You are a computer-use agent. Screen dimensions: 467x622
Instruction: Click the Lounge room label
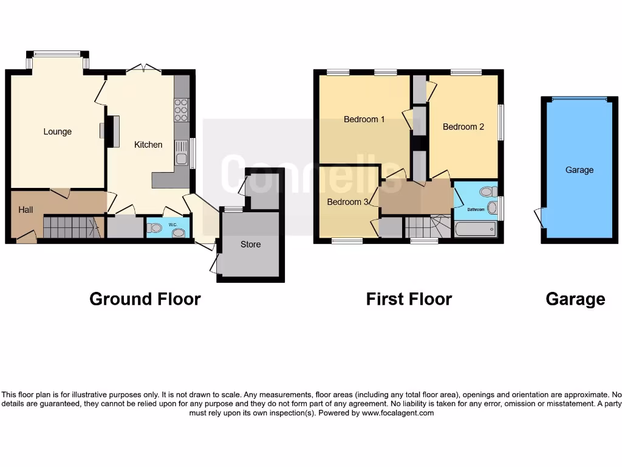[57, 131]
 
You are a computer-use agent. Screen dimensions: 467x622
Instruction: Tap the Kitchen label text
[148, 145]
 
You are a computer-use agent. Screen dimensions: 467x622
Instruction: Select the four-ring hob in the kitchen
[181, 110]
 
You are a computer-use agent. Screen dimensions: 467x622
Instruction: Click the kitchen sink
[181, 153]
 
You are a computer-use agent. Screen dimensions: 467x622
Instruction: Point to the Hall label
[26, 210]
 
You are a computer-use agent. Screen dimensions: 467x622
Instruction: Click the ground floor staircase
[70, 227]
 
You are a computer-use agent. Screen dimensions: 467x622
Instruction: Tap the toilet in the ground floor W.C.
[155, 228]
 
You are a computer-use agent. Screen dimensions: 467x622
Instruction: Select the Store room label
[250, 244]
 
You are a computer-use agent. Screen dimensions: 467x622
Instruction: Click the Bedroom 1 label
[364, 119]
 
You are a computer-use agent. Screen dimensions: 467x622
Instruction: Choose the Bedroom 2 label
[463, 126]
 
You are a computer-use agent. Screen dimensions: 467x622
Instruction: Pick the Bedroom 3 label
[347, 202]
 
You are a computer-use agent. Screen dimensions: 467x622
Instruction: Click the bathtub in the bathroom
[475, 229]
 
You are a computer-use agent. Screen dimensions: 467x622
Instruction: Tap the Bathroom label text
[476, 210]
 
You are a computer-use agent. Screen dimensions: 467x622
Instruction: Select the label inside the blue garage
[579, 170]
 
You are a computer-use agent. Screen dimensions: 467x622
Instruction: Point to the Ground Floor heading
[145, 299]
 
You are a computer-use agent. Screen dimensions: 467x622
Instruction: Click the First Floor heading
[409, 299]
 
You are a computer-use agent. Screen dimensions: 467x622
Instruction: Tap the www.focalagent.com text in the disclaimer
[398, 413]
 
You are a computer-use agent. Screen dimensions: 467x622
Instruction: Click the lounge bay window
[57, 54]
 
